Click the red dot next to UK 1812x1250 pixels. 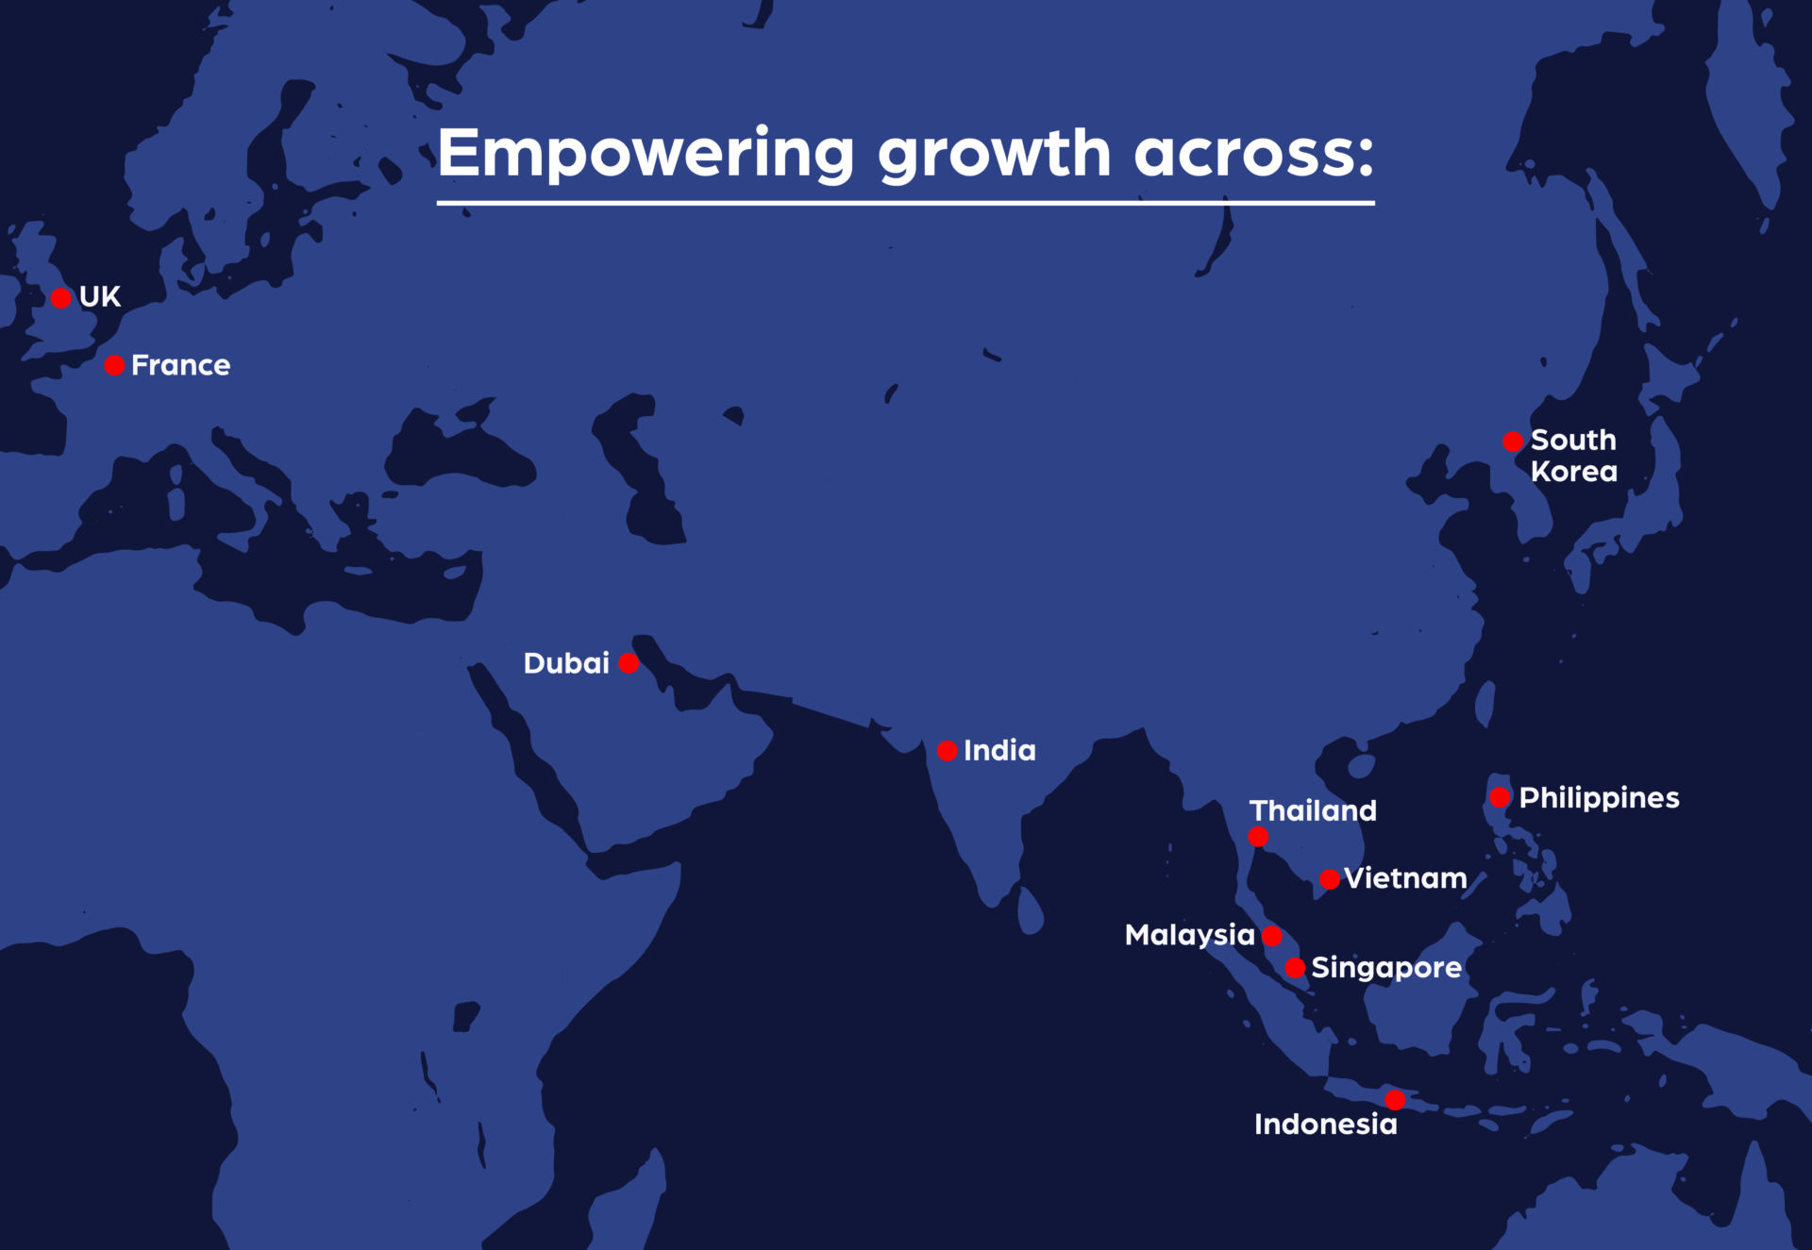click(61, 298)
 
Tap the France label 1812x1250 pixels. click(180, 365)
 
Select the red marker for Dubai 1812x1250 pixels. click(629, 663)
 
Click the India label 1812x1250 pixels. click(999, 750)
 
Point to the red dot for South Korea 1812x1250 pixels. click(1513, 442)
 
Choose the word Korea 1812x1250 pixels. click(1573, 471)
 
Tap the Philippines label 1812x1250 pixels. click(1599, 798)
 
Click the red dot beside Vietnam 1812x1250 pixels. click(1330, 879)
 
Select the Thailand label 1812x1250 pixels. click(1313, 810)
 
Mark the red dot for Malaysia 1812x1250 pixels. click(1272, 936)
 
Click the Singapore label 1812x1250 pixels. click(1386, 968)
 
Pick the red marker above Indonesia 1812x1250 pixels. click(1395, 1100)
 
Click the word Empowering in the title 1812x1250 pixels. click(646, 154)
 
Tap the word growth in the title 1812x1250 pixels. click(995, 154)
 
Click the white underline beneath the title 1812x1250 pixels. click(906, 203)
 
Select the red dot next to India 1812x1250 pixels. click(948, 751)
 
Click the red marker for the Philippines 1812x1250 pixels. click(1500, 797)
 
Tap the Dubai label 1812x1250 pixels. click(566, 663)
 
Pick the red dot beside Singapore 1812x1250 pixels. click(1295, 968)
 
